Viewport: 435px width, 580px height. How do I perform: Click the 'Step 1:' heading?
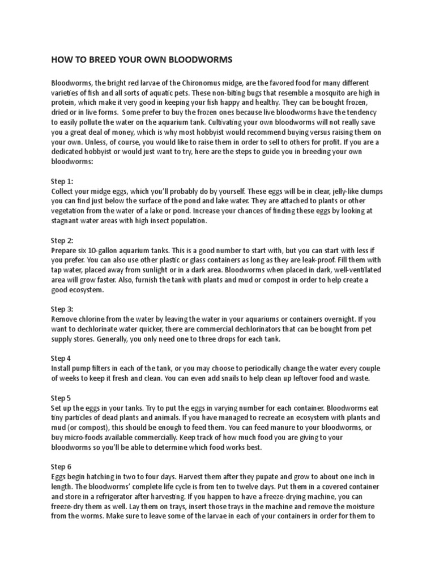[x=62, y=181]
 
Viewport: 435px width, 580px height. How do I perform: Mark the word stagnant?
[x=68, y=221]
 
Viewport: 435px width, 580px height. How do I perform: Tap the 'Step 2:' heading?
[x=62, y=241]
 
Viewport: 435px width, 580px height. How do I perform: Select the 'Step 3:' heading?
[x=62, y=309]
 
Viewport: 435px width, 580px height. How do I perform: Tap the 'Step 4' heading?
[x=61, y=359]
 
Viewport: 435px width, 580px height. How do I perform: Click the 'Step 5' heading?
[x=61, y=398]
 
